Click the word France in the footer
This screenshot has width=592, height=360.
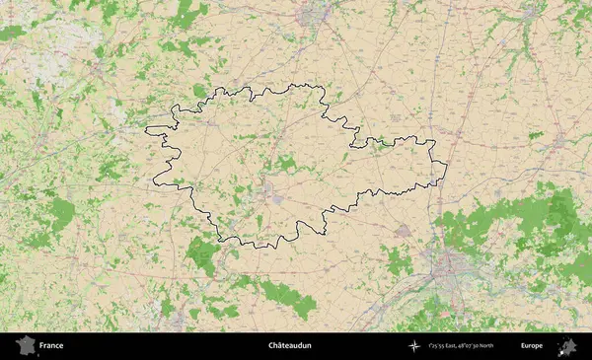52,346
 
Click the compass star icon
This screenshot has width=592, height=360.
413,346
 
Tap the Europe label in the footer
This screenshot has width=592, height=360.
532,346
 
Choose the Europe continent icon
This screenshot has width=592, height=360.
567,346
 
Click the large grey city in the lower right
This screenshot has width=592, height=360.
450,264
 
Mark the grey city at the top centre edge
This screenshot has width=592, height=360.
319,14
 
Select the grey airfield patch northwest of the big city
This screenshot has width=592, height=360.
403,231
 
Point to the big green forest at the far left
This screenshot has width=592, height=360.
59,212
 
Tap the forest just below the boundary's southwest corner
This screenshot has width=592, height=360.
202,254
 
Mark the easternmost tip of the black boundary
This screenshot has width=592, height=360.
447,164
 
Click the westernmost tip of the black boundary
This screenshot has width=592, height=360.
146,129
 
